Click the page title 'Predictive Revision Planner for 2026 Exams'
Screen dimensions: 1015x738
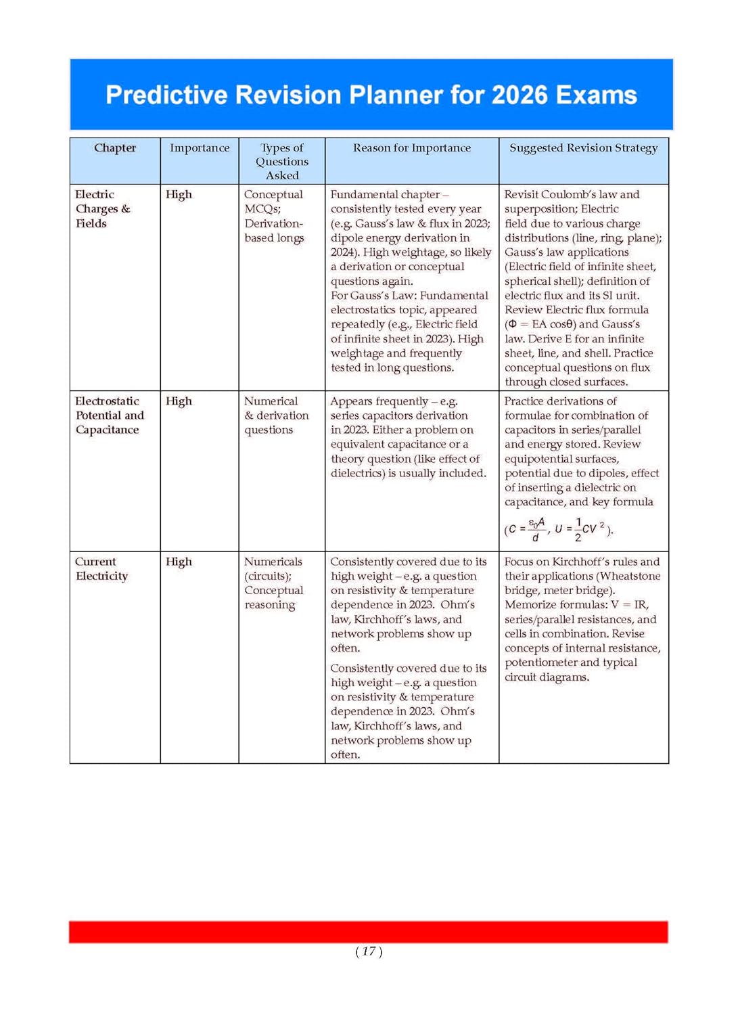[x=371, y=95]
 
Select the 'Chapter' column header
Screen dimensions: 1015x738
[x=115, y=148]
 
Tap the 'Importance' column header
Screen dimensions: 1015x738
[x=200, y=148]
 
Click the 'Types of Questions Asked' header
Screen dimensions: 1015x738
[x=282, y=161]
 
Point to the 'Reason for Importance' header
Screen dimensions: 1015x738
[x=412, y=148]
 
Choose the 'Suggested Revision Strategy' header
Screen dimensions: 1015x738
[x=583, y=148]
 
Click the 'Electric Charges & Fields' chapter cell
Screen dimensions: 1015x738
[x=102, y=208]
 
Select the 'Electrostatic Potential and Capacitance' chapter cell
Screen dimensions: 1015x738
[x=109, y=415]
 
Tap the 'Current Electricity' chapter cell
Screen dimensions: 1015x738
[x=101, y=568]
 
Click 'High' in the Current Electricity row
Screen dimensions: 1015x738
[x=179, y=562]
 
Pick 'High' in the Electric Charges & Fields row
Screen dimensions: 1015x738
[x=179, y=194]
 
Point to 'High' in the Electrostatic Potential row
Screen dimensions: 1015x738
[x=179, y=401]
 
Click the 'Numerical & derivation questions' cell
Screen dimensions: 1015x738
[x=276, y=415]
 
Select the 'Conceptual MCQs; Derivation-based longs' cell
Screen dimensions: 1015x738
[x=274, y=216]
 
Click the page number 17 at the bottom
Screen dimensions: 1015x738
[x=369, y=951]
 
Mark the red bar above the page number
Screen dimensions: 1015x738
[x=368, y=931]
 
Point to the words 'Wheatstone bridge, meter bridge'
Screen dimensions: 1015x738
[x=582, y=583]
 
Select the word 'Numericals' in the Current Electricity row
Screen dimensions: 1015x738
[x=273, y=562]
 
